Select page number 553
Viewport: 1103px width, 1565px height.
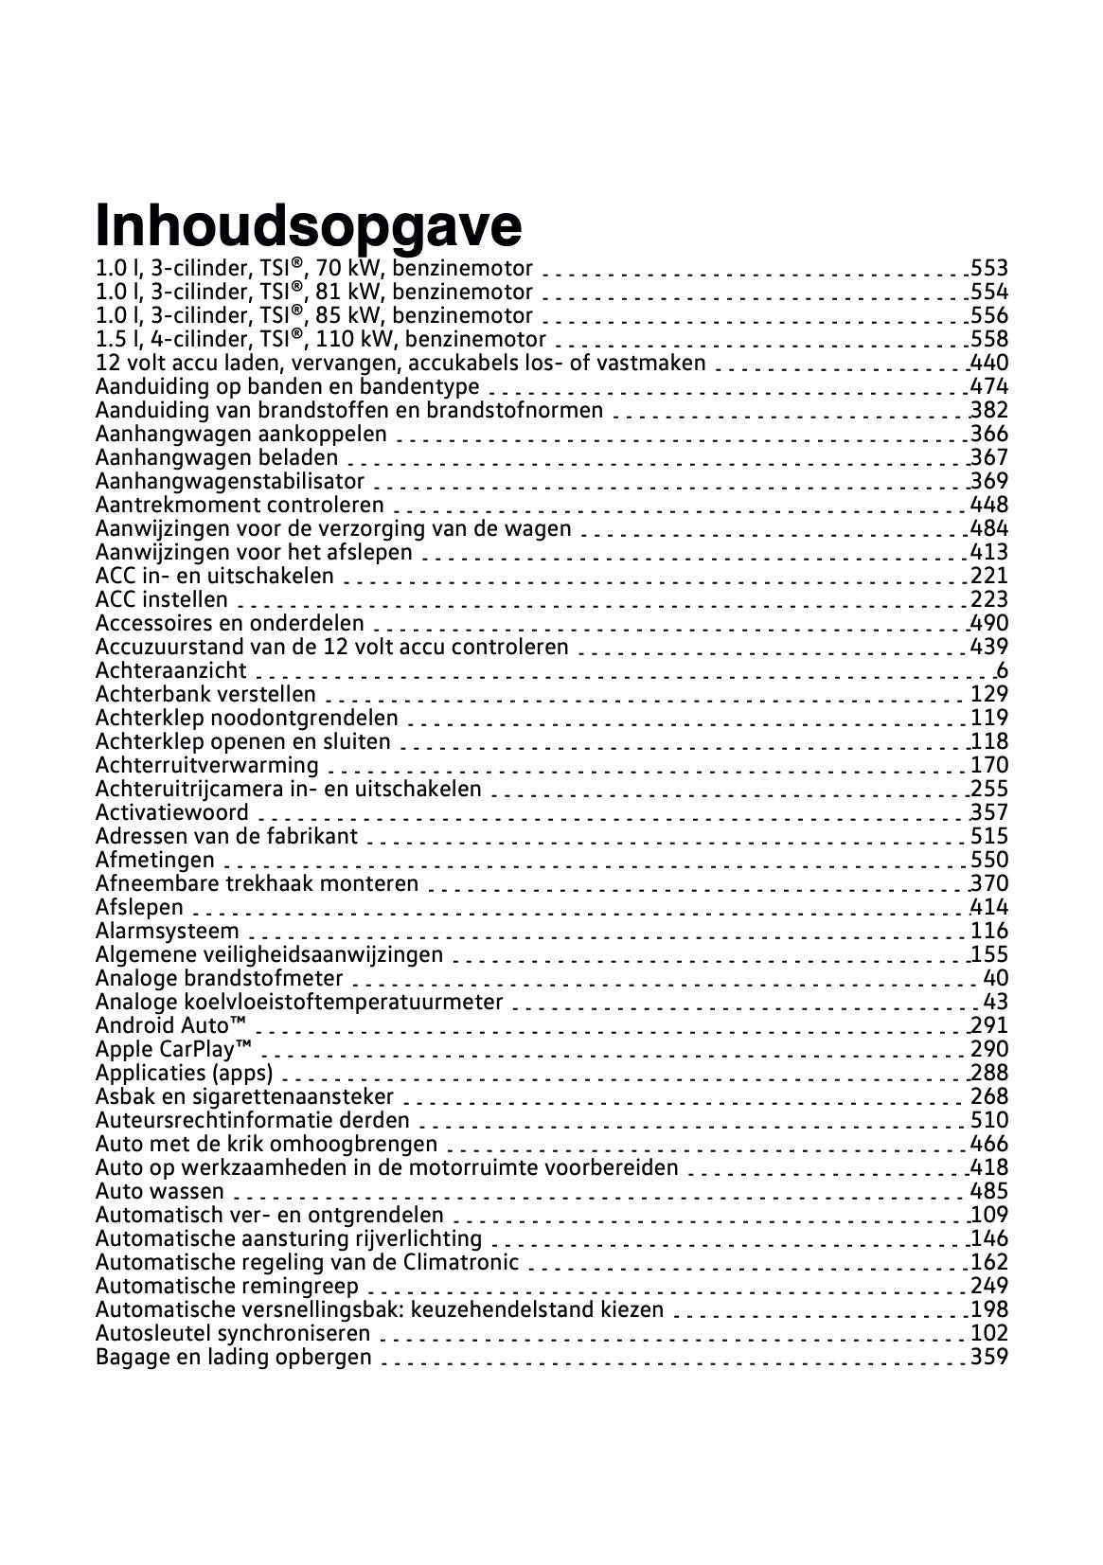(x=989, y=269)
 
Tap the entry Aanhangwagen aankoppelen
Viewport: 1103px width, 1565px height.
(x=241, y=435)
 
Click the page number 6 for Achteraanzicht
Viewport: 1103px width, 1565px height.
(x=1002, y=671)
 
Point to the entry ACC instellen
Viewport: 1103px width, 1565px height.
(x=162, y=600)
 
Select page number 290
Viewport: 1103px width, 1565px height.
(x=989, y=1050)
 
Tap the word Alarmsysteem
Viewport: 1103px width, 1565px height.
(x=168, y=932)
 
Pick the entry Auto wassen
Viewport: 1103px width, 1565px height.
(x=160, y=1192)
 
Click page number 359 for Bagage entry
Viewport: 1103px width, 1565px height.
(x=989, y=1358)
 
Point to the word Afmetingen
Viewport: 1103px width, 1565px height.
(x=155, y=861)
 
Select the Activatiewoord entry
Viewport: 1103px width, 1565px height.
(x=172, y=813)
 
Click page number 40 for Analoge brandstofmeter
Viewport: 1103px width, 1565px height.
(x=996, y=979)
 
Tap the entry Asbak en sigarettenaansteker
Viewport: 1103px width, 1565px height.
(x=244, y=1097)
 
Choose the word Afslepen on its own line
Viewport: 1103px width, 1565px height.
(x=139, y=908)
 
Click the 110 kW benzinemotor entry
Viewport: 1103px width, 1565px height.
(x=321, y=340)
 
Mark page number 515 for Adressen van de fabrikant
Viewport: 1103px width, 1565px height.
(x=989, y=837)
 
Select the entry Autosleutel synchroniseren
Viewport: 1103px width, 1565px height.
(x=233, y=1334)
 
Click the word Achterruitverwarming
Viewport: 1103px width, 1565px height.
(x=207, y=766)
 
